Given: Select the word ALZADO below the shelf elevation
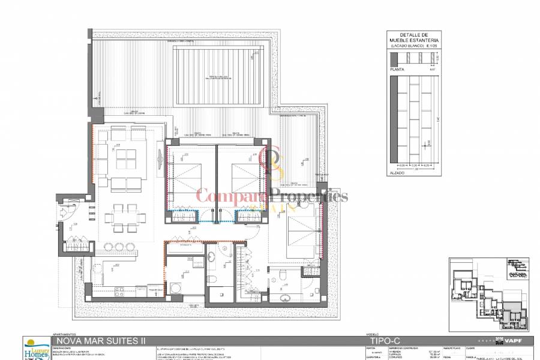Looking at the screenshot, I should [x=398, y=172].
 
